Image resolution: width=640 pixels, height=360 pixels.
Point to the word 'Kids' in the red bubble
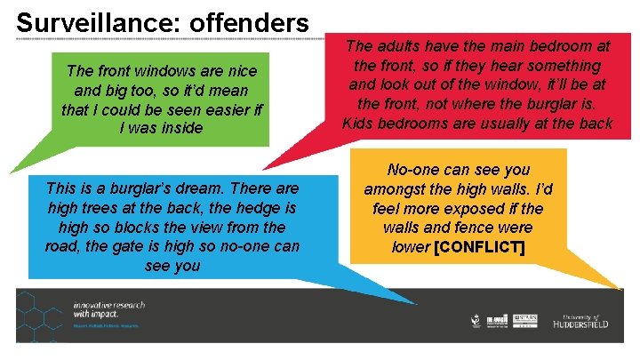(x=358, y=123)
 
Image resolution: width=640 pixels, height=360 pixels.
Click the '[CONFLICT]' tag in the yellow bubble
(x=478, y=246)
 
